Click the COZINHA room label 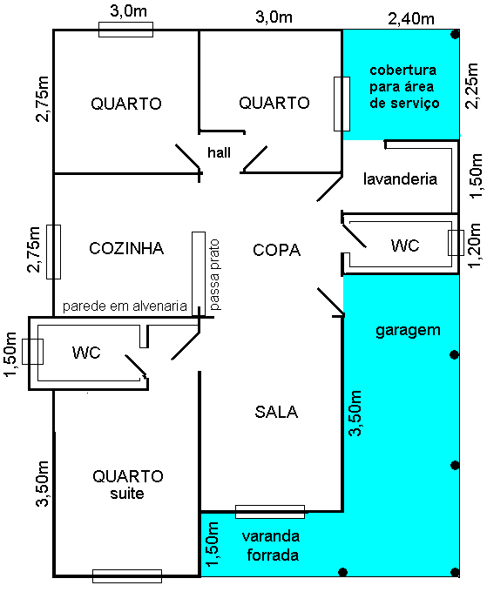(126, 249)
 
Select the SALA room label (276, 412)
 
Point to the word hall (219, 152)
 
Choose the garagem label (408, 330)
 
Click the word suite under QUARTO (127, 494)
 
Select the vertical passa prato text (214, 275)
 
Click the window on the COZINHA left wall (54, 251)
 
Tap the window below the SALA (270, 511)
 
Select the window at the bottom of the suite (127, 575)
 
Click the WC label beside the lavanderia (404, 246)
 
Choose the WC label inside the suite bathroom (86, 353)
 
